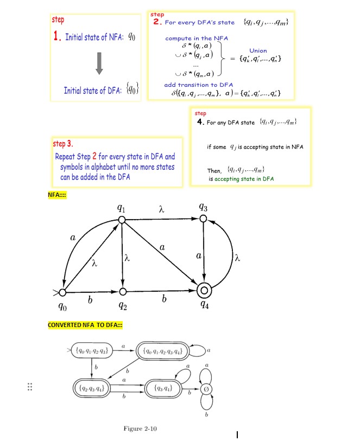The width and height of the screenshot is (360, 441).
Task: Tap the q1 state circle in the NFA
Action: (122, 219)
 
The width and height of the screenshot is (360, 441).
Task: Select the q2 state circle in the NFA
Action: (122, 292)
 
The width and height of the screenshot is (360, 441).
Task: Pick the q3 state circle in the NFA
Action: (203, 218)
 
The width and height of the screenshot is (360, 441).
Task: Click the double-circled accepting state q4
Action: (204, 289)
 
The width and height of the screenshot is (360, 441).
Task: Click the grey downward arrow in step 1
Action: (99, 63)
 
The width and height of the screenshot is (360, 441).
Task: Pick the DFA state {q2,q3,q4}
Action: (92, 388)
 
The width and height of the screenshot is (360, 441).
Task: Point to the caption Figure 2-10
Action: (140, 429)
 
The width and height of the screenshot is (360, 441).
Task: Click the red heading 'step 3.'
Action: (63, 144)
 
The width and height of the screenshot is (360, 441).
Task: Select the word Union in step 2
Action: (258, 50)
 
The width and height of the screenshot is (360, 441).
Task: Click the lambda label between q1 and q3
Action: (161, 208)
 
